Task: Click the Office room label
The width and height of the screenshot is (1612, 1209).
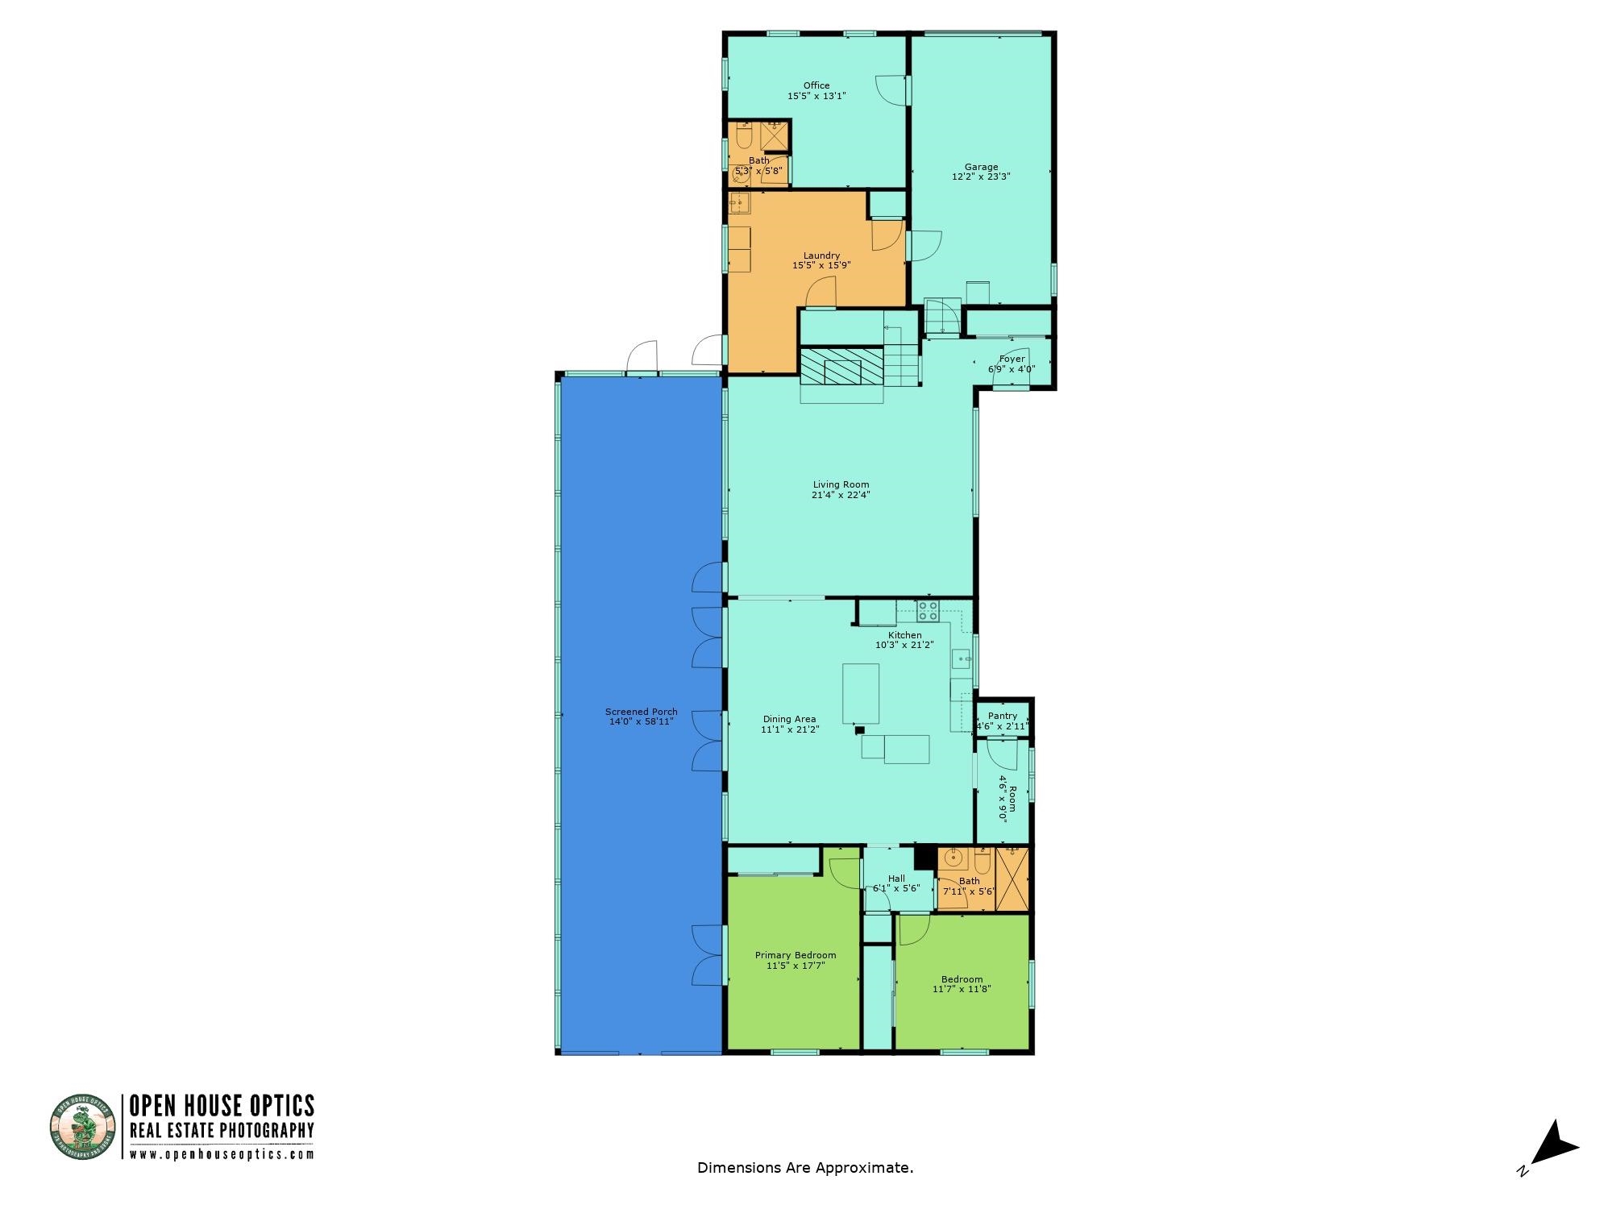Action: [x=816, y=85]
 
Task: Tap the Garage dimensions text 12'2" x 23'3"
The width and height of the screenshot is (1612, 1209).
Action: [x=981, y=177]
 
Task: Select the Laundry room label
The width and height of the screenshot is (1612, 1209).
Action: [x=821, y=256]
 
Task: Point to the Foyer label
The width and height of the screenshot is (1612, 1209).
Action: [x=1012, y=359]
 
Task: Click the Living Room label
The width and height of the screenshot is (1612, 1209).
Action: [x=841, y=484]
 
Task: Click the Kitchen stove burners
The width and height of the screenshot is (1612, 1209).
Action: [x=928, y=610]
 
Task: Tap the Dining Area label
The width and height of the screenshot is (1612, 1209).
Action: [x=789, y=719]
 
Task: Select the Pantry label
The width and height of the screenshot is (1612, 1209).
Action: [x=1002, y=716]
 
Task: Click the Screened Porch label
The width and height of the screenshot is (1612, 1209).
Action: [x=641, y=712]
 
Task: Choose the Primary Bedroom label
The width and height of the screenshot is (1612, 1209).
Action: [x=795, y=955]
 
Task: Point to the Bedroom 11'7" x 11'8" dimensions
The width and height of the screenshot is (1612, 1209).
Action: [x=962, y=989]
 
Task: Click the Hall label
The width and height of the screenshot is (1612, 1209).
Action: [x=896, y=879]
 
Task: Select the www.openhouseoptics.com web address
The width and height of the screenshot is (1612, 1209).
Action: [x=222, y=1153]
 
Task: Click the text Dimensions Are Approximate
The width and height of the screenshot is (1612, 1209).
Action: [x=805, y=1167]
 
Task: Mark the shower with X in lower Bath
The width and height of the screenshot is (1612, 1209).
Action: [x=1012, y=879]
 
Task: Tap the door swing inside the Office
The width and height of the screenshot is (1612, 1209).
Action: [x=890, y=90]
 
